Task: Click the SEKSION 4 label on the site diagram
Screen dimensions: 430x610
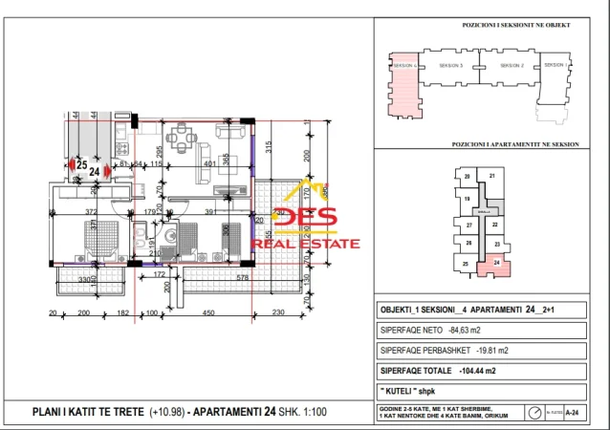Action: (406, 65)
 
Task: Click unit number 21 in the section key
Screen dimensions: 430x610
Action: (491, 177)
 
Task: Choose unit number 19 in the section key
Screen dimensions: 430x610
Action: (468, 199)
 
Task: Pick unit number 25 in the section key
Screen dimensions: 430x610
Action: (467, 263)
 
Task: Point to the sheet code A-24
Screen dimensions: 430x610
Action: (572, 412)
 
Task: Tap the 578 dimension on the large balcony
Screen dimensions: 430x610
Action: (216, 277)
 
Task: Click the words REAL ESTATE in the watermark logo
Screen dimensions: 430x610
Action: (306, 244)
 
